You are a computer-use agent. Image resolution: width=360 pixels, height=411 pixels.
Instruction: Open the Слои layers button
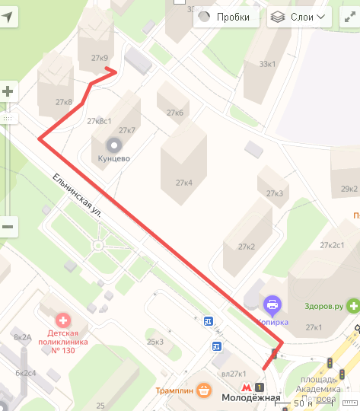[x=300, y=17]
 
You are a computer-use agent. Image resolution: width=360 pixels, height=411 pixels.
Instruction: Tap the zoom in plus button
[x=8, y=92]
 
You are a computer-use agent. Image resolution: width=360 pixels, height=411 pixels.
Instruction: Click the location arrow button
[x=8, y=17]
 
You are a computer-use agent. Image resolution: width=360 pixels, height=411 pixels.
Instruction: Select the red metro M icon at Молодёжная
[x=246, y=387]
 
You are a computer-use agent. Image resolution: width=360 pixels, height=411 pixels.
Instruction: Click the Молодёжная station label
[x=251, y=398]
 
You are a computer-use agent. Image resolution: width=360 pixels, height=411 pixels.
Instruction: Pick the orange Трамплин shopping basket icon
[x=203, y=390]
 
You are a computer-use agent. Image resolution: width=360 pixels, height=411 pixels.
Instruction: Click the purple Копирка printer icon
[x=272, y=306]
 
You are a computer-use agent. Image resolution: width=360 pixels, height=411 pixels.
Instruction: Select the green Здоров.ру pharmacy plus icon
[x=352, y=307]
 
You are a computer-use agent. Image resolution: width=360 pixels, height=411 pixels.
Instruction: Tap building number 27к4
[x=184, y=183]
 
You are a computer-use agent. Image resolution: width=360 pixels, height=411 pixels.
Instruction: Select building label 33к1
[x=268, y=64]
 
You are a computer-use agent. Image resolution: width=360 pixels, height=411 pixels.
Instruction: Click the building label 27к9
[x=99, y=58]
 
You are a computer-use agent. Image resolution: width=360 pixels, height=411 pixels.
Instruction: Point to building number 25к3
[x=155, y=342]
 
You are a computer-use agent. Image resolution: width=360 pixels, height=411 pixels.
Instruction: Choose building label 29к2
[x=349, y=189]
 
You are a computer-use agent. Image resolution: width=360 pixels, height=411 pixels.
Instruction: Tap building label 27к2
[x=246, y=247]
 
